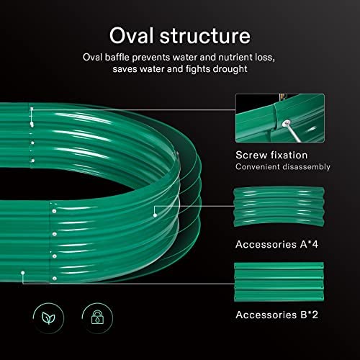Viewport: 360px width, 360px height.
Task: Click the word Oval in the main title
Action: tap(131, 35)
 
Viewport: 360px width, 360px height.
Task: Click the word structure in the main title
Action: tap(205, 36)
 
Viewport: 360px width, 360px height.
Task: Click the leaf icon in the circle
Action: tap(48, 318)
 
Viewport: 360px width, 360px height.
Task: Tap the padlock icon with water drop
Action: tap(97, 318)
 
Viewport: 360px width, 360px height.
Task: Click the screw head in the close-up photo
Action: tap(286, 124)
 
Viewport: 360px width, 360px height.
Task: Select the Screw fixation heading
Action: tap(271, 156)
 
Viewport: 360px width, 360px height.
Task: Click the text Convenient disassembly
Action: tap(283, 166)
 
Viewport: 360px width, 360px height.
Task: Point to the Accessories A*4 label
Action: tap(276, 244)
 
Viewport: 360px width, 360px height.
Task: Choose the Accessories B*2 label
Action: tap(276, 315)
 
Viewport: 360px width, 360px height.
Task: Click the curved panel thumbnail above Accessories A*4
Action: tap(279, 207)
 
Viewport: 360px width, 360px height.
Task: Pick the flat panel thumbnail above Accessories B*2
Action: tap(279, 282)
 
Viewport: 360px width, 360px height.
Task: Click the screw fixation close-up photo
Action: tap(280, 118)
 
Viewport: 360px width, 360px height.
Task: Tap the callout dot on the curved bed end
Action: tap(155, 215)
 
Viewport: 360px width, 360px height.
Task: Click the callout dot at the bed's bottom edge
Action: tap(23, 273)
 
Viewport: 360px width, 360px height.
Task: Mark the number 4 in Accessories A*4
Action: tap(315, 244)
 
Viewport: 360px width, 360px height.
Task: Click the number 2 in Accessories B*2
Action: tap(315, 315)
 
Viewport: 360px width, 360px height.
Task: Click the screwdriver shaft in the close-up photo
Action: tap(294, 133)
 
